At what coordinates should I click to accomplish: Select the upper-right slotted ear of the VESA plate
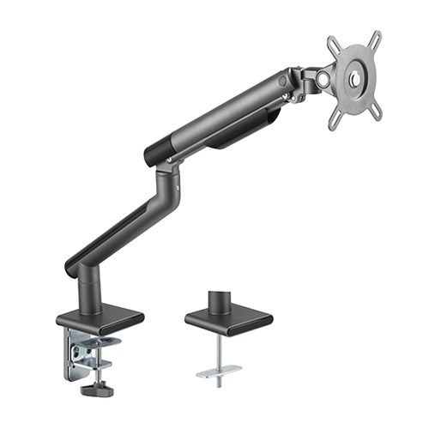pyautogui.click(x=376, y=39)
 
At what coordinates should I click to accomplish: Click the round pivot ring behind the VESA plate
pyautogui.click(x=323, y=79)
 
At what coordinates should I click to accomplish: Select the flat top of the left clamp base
pyautogui.click(x=100, y=318)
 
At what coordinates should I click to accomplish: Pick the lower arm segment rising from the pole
pyautogui.click(x=120, y=228)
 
